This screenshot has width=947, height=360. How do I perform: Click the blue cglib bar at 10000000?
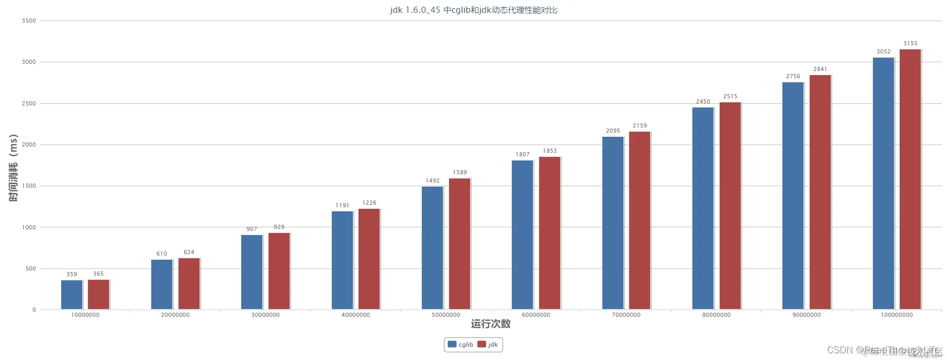[72, 295]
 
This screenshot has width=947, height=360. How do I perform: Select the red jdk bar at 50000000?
[459, 244]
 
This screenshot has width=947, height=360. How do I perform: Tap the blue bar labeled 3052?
[883, 183]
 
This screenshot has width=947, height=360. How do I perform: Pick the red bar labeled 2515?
[730, 206]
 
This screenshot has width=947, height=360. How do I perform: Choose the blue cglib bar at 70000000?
[613, 223]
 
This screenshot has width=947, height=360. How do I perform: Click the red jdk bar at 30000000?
[279, 271]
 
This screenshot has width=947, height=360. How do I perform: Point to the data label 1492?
[433, 181]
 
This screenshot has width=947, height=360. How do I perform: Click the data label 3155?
[910, 43]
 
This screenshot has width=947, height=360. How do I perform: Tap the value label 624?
[189, 252]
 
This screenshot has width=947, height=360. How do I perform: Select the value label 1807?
[523, 154]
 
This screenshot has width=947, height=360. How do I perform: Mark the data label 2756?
[793, 76]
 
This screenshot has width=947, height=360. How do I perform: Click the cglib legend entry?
[460, 345]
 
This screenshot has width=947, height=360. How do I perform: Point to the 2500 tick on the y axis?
[29, 103]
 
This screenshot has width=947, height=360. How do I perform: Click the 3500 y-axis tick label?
[29, 21]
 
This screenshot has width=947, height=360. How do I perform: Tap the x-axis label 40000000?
[355, 315]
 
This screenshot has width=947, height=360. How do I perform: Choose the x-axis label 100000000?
[897, 315]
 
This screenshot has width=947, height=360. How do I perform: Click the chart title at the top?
[473, 10]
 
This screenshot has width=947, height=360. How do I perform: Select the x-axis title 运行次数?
[491, 324]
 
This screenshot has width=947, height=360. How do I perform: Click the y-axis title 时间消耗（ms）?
[13, 168]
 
